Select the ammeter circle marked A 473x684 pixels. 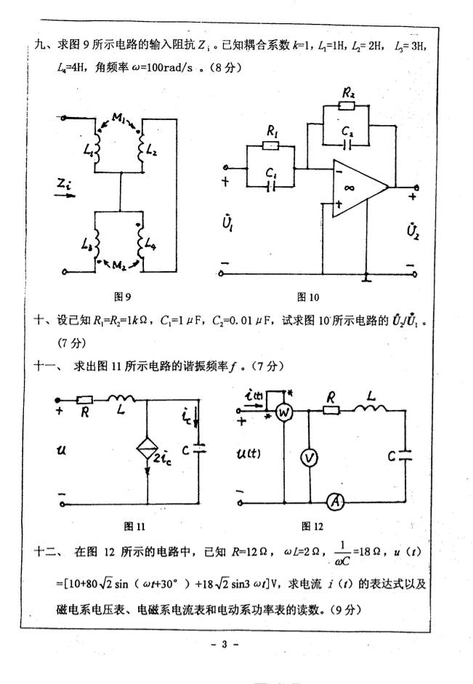tap(333, 500)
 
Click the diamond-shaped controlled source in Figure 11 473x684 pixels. tap(147, 448)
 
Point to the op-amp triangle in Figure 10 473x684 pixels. tap(357, 188)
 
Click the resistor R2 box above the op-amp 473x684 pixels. tap(347, 106)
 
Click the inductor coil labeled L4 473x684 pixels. tap(139, 239)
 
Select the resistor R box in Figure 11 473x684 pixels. tap(85, 400)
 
